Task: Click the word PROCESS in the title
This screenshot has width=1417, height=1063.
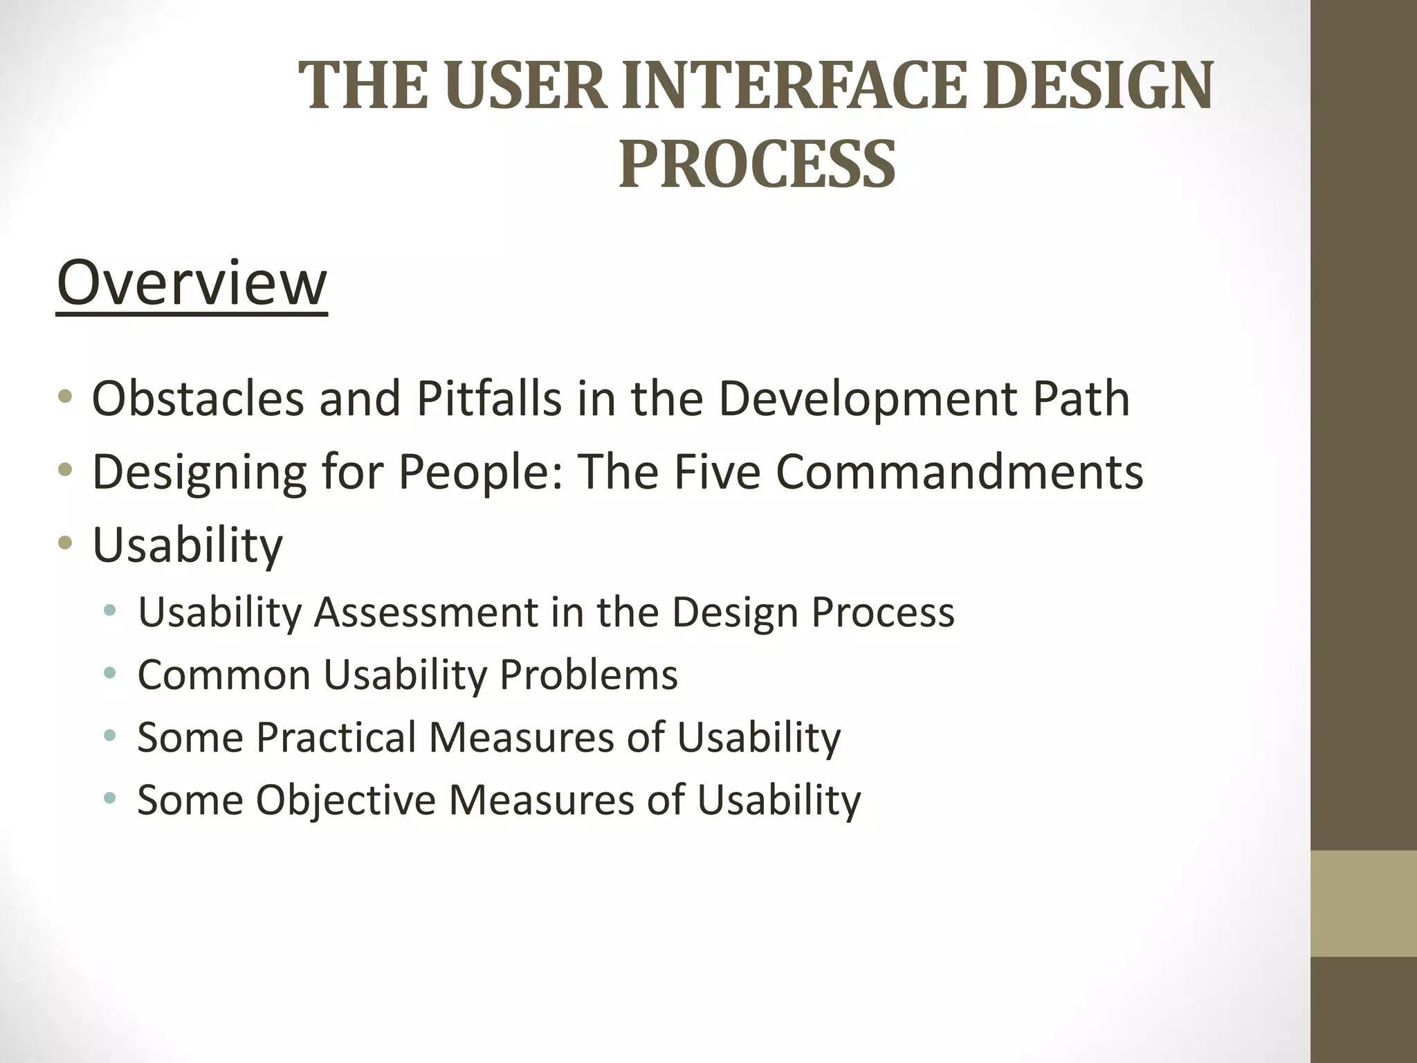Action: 757,165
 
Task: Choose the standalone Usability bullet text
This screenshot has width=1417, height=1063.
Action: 188,545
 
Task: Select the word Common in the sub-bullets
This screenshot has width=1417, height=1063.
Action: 224,674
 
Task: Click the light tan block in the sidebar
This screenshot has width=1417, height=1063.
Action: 1364,903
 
